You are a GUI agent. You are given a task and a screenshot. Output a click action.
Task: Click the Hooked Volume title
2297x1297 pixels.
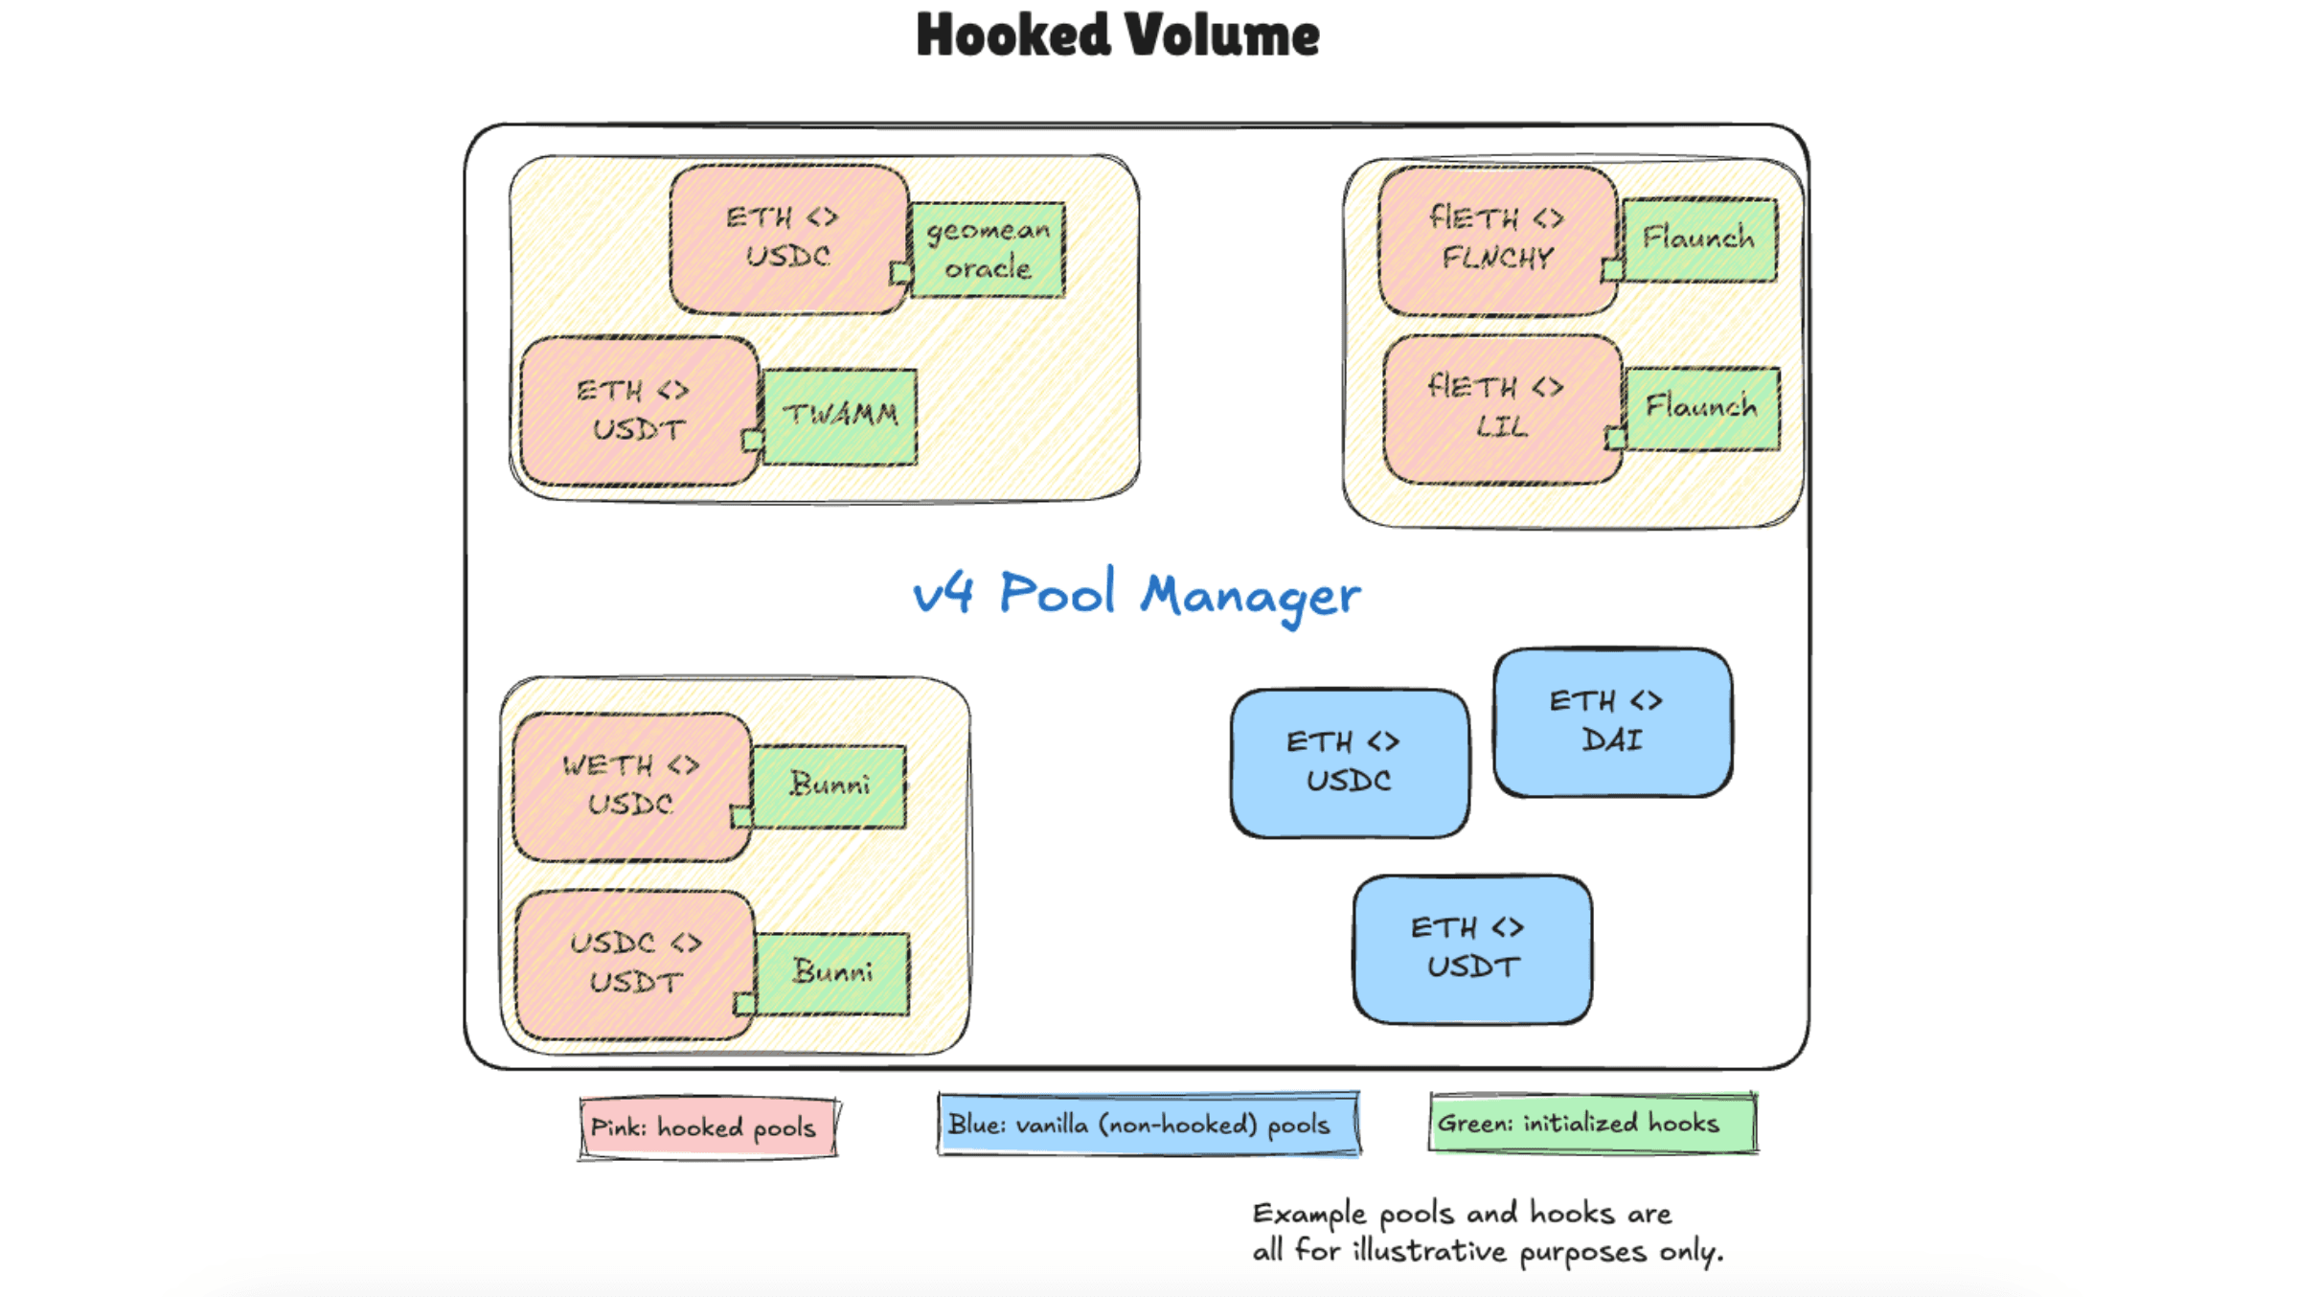(1118, 36)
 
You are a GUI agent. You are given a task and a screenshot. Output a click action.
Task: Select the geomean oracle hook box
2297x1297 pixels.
(988, 249)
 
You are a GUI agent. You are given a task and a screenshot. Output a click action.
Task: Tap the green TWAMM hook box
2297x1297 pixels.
(840, 416)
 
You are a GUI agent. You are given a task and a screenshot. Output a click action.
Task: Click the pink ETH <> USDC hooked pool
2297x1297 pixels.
(787, 238)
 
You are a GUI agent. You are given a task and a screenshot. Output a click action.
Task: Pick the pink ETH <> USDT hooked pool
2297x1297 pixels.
(638, 410)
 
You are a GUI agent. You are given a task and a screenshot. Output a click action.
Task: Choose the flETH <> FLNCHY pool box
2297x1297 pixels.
(1496, 239)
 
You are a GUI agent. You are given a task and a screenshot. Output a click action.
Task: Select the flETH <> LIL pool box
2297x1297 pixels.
(1500, 408)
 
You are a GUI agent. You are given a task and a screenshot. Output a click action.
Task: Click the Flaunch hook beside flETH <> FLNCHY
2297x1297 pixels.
(1699, 239)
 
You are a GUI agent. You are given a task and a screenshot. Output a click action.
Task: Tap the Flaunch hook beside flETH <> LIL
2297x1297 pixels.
(1702, 408)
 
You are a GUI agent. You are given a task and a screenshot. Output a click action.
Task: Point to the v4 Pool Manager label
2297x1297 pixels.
(1136, 594)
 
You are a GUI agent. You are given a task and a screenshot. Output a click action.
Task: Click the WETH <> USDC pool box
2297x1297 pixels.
(630, 785)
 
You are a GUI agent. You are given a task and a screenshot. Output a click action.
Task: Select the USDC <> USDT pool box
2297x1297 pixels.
(634, 964)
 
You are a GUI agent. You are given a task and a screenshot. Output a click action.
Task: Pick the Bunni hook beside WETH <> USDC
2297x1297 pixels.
(830, 785)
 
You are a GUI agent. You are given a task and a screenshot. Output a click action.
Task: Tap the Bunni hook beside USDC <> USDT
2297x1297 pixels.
(832, 973)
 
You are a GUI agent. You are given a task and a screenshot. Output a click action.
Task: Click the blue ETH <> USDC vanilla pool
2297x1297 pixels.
(1349, 762)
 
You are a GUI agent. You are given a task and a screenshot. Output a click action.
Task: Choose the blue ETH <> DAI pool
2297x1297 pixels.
(1612, 722)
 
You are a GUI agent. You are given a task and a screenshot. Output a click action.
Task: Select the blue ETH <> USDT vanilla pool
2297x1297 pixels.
(1472, 948)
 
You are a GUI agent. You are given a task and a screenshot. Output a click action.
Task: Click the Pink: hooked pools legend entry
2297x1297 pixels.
(707, 1127)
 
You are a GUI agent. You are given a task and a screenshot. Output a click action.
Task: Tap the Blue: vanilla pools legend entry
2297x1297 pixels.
(1148, 1124)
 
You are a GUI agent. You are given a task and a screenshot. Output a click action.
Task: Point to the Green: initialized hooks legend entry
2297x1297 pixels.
(1592, 1123)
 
